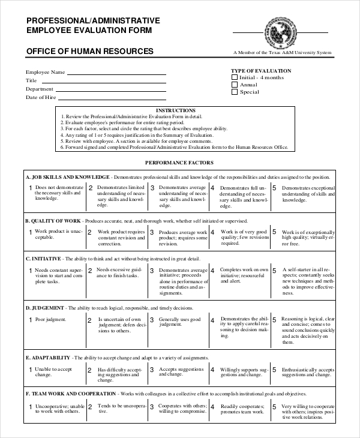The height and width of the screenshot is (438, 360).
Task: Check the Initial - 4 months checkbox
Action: tap(235, 77)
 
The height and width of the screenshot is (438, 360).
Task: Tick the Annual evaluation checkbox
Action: tap(235, 85)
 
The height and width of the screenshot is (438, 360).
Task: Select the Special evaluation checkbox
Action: tap(235, 92)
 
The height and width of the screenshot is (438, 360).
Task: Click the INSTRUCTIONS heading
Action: tap(175, 110)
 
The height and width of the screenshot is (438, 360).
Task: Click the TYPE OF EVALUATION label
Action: tap(261, 70)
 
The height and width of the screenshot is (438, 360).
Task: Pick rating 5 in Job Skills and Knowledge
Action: tap(274, 188)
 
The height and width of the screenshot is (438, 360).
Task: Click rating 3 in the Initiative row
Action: tap(152, 271)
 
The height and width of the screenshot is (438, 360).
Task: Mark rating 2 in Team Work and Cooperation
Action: tap(91, 406)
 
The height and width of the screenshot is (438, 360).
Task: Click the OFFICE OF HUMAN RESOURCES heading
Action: tap(89, 52)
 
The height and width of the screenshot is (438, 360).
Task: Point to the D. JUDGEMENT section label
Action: tap(46, 308)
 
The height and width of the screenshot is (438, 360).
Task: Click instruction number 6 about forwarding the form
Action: tap(177, 146)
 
